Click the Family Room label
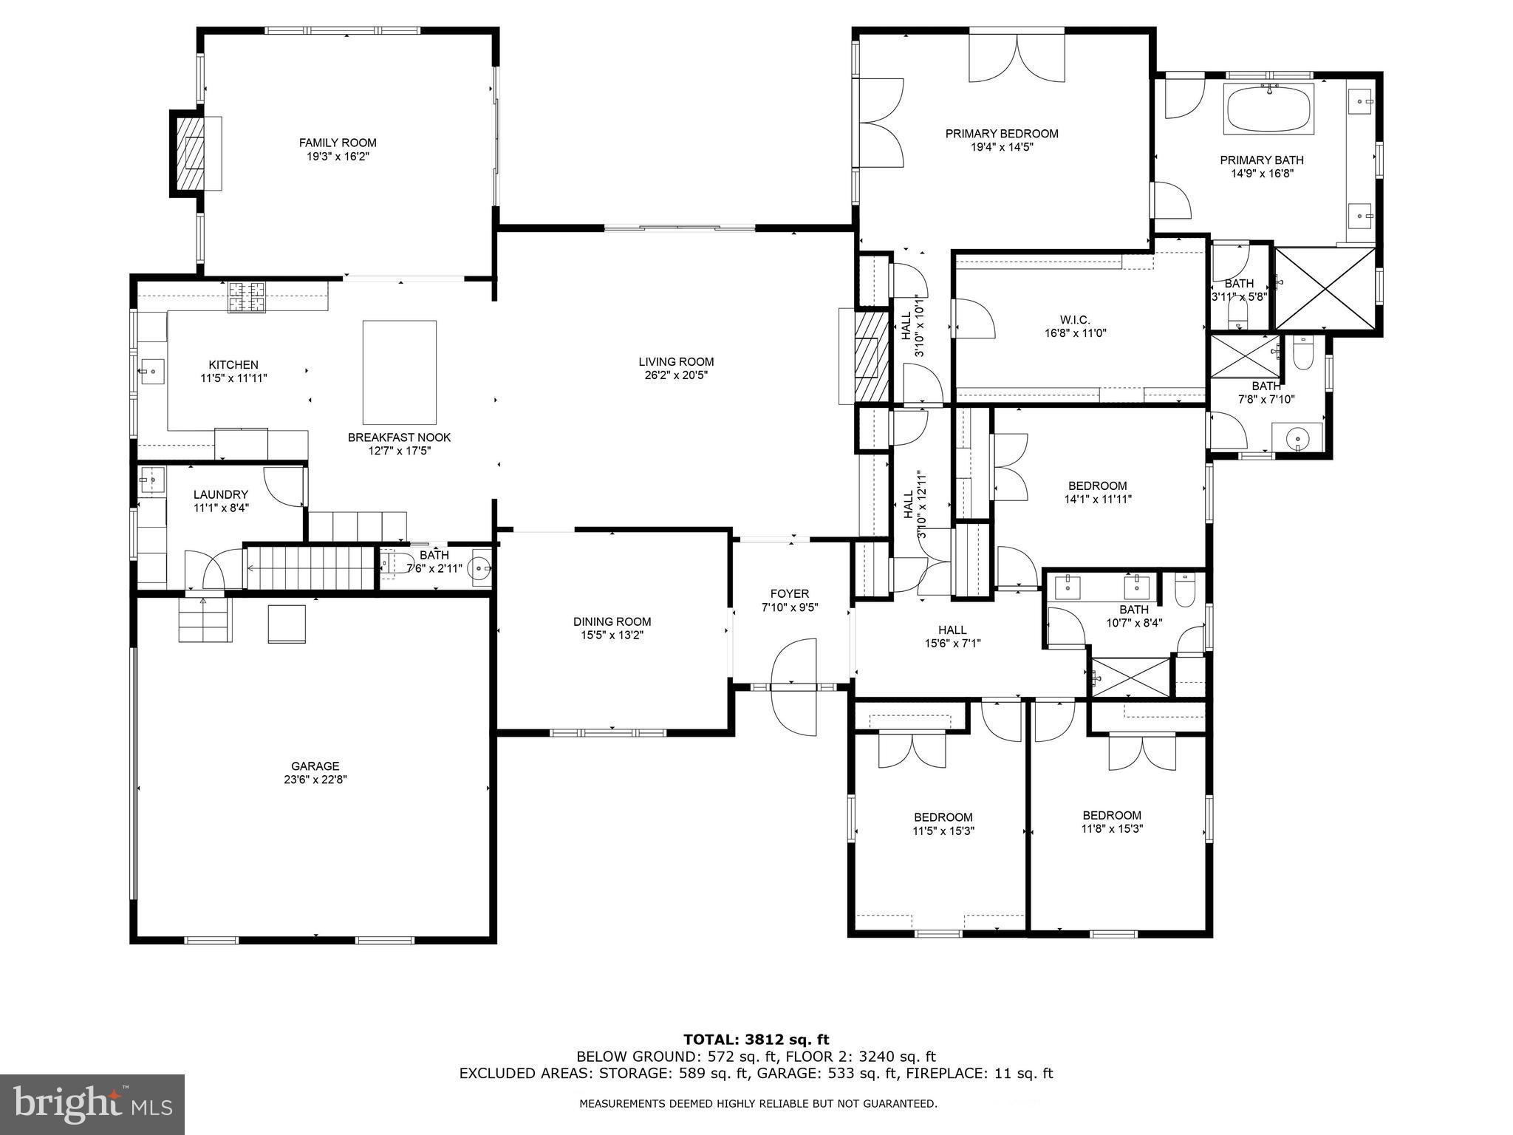point(338,143)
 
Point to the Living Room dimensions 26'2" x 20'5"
point(676,375)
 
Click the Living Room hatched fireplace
point(871,358)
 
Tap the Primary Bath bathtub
point(1268,109)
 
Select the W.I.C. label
point(1074,319)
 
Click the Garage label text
point(315,766)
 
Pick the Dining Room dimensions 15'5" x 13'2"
point(612,635)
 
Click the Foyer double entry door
point(793,687)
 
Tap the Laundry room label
point(221,494)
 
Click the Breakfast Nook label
point(399,437)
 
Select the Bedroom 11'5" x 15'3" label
point(943,817)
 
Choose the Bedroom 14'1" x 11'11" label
point(1097,485)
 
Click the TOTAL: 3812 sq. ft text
point(756,1040)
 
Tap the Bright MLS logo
point(92,1104)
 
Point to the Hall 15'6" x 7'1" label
point(952,630)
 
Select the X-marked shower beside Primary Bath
point(1325,289)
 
